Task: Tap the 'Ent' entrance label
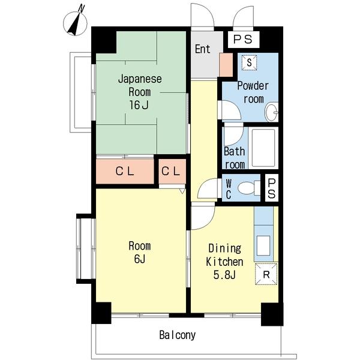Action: [203, 49]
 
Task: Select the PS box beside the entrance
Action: [244, 40]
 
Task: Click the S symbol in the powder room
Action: [249, 62]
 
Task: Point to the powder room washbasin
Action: [272, 112]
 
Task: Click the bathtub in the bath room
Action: [263, 148]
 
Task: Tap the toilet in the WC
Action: [248, 188]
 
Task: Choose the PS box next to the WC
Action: [272, 188]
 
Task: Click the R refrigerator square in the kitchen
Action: [266, 274]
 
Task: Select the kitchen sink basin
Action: [263, 245]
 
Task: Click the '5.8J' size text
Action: [224, 275]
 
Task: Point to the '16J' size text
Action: [139, 105]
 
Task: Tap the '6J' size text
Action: [140, 259]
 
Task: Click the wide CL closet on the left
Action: [125, 171]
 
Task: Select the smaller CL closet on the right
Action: [172, 171]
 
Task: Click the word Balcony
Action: [178, 335]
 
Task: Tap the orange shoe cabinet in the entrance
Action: [226, 65]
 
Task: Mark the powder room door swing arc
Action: [236, 107]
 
